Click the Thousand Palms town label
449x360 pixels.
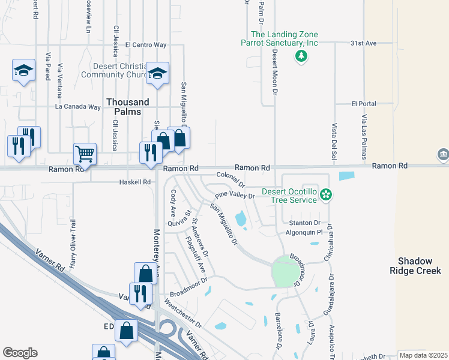[x=124, y=107]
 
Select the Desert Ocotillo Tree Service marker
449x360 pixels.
[x=326, y=194]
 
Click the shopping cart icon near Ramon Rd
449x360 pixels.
[x=85, y=154]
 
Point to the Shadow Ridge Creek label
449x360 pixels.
[x=420, y=266]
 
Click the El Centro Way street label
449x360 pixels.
[x=146, y=44]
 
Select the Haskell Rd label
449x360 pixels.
[x=135, y=181]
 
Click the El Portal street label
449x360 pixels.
[x=364, y=103]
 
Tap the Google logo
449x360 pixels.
[x=20, y=353]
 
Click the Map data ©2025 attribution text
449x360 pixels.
[x=423, y=355]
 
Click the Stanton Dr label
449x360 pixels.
[x=309, y=223]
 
